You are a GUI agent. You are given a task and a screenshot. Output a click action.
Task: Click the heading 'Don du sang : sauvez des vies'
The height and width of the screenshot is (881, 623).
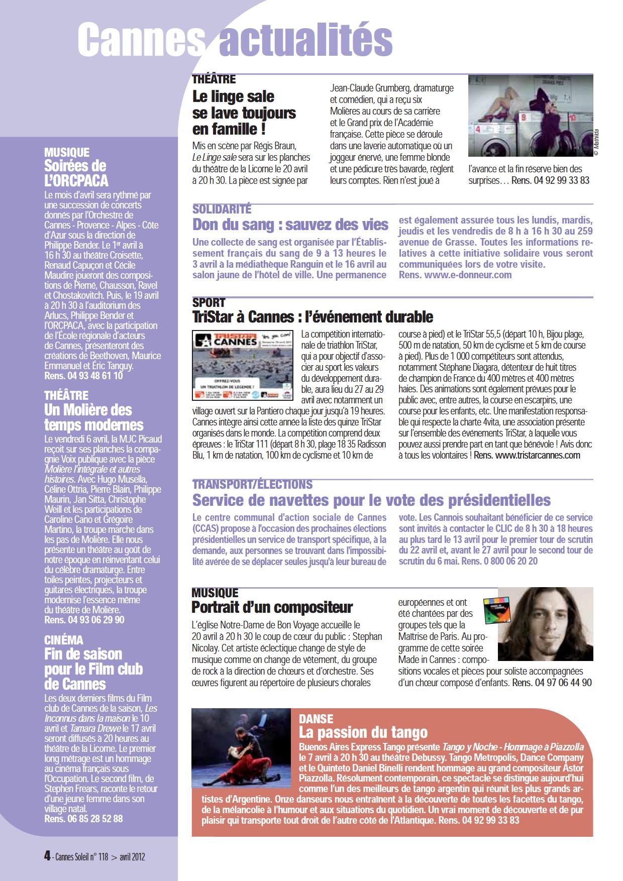[290, 224]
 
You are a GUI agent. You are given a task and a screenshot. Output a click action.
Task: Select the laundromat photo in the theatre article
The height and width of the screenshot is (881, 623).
[530, 116]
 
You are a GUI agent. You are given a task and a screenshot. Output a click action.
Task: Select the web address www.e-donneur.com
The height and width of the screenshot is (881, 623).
[468, 275]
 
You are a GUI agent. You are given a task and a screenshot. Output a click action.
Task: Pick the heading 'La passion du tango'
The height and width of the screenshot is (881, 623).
[363, 732]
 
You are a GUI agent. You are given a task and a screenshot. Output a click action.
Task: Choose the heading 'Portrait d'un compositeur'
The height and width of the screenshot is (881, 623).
[272, 607]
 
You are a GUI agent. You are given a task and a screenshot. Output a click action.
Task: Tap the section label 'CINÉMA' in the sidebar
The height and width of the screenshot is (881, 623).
[64, 640]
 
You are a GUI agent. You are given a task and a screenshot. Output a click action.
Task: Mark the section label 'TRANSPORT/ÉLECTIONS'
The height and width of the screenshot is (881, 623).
[252, 485]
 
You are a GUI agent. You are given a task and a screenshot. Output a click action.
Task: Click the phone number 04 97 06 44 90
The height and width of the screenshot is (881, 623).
[563, 683]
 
